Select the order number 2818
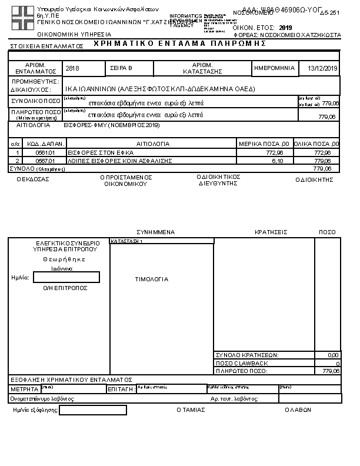coord(73,69)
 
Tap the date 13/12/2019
coord(323,69)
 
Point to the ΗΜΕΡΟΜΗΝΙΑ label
coord(274,68)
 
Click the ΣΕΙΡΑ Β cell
coord(122,69)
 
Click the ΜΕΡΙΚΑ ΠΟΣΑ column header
coord(264,144)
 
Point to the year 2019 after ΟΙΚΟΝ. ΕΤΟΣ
coord(286,28)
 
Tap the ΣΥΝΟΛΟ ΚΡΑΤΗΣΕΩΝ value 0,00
coord(333,355)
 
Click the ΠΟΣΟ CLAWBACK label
coord(242,363)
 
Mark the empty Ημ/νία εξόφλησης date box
coord(93,410)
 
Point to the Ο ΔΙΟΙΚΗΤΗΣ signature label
coord(314,180)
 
